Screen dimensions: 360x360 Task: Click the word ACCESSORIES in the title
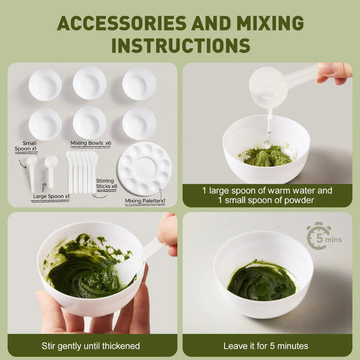[x=122, y=24]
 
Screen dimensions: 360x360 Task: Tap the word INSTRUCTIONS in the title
[x=180, y=45]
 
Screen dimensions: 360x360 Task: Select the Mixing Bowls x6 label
[x=91, y=143]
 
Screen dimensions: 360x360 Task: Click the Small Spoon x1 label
[x=26, y=146]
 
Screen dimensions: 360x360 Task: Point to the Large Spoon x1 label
[x=51, y=196]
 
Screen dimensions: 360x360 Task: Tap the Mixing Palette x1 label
[x=145, y=201]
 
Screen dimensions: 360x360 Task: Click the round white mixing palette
[x=145, y=168]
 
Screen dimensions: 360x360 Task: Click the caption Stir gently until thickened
[x=90, y=346]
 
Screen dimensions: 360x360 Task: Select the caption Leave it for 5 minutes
[x=266, y=346]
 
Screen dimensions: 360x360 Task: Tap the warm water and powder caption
[x=267, y=195]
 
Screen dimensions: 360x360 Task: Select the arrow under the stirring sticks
[x=99, y=197]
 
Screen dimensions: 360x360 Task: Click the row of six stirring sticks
[x=81, y=172]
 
